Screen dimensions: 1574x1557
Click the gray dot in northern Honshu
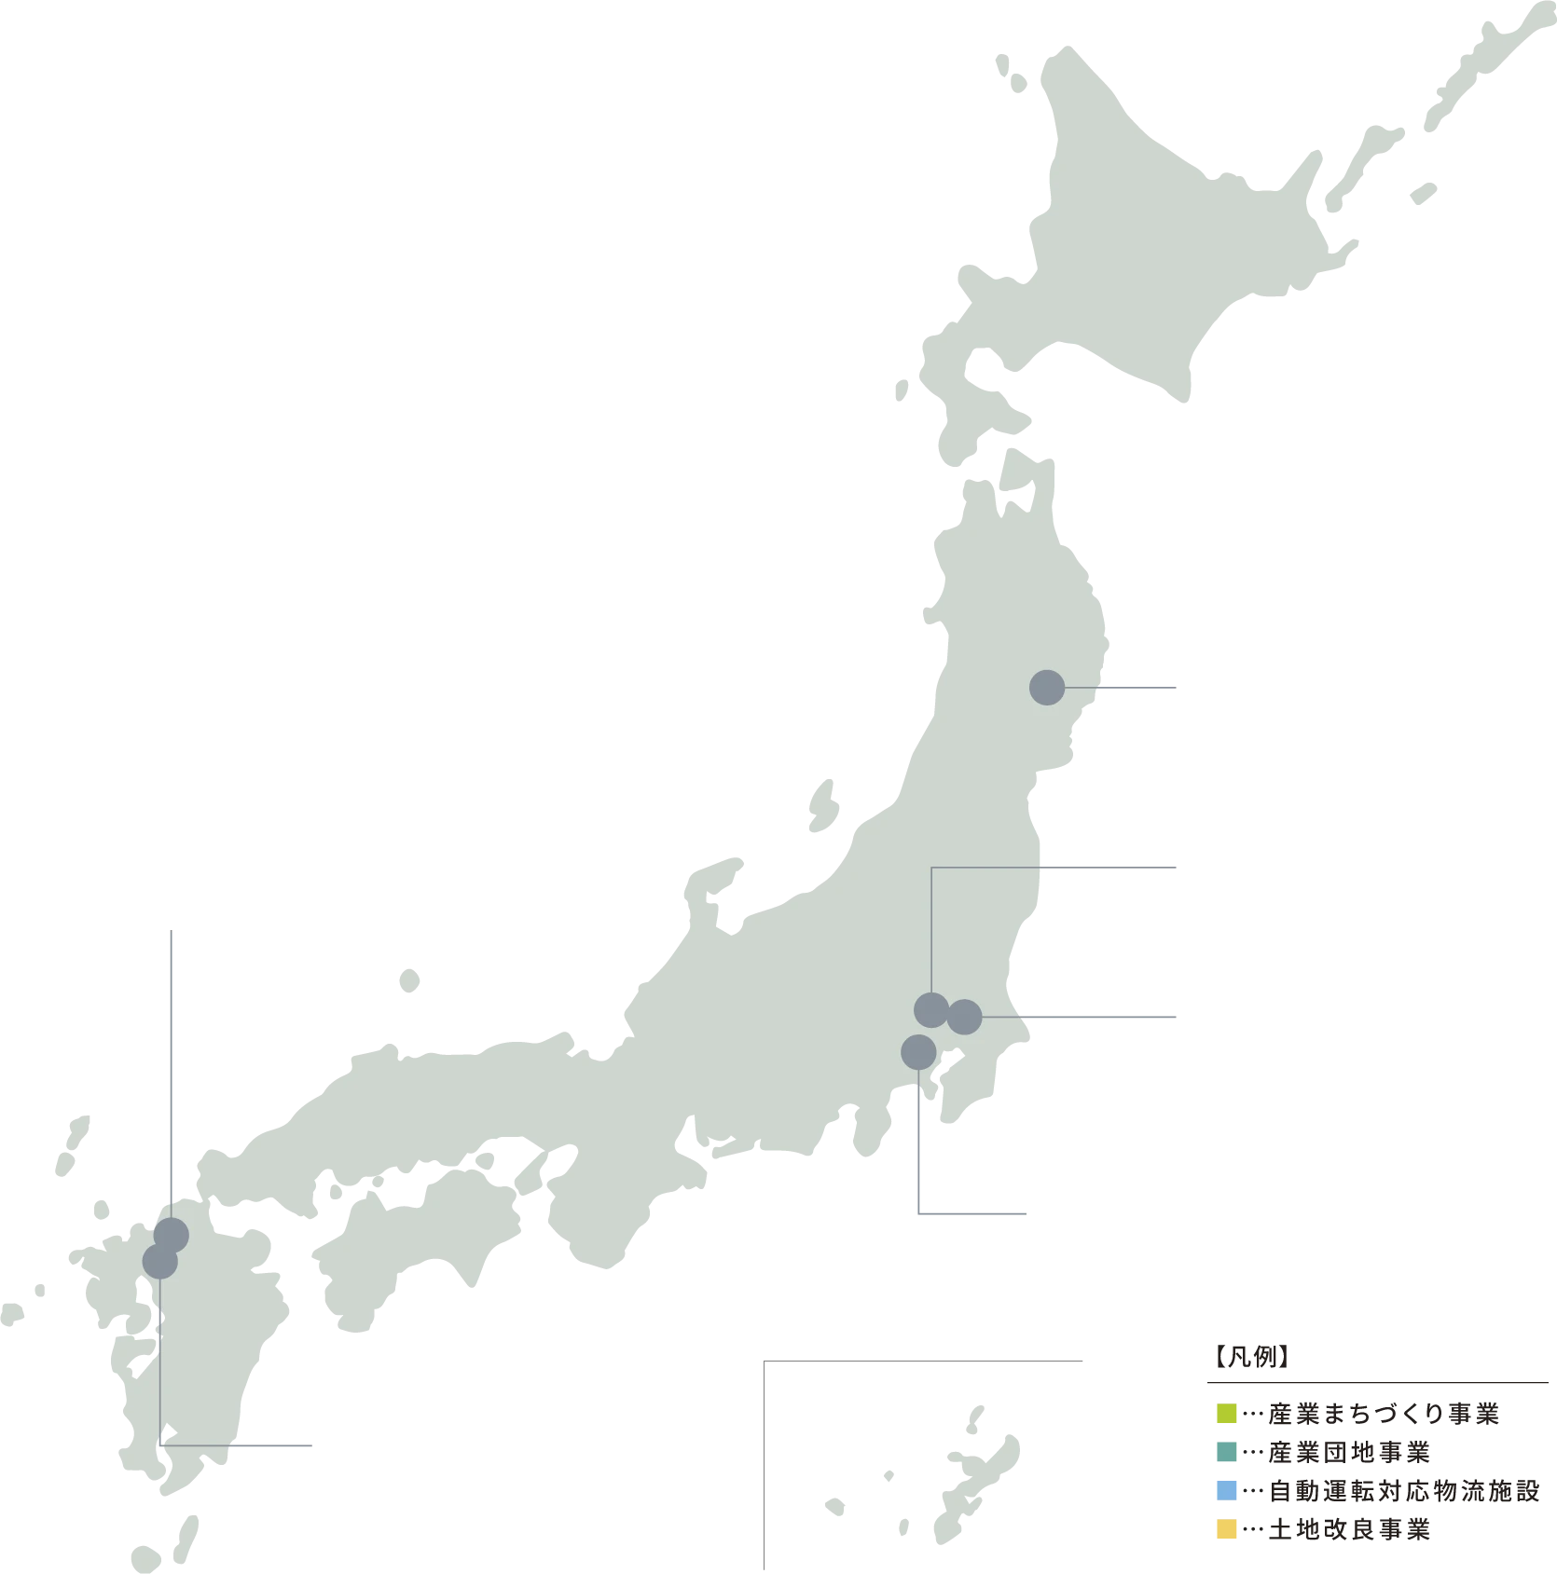pos(1047,688)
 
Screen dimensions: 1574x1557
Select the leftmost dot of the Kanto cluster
pos(931,1010)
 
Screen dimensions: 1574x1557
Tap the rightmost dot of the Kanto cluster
pos(965,1017)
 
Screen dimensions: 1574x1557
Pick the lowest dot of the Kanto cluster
pos(918,1052)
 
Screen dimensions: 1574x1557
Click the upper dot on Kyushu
pos(172,1236)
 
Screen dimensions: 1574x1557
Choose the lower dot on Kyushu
pos(159,1262)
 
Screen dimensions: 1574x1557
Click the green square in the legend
pos(1227,1413)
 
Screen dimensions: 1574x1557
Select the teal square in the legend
pos(1227,1453)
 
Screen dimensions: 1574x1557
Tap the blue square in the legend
pos(1227,1491)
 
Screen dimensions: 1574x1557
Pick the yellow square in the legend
pos(1227,1529)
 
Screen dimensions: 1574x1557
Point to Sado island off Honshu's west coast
pos(822,804)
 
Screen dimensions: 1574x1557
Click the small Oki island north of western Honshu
pos(410,980)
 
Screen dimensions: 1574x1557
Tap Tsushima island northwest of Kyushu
pos(75,1143)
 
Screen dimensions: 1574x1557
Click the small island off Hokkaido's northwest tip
pos(1011,72)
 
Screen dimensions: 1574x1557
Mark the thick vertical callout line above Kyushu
pos(172,1053)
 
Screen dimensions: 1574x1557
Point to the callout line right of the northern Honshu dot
pos(1123,690)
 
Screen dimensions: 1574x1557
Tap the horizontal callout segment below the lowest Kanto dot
pos(974,1212)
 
